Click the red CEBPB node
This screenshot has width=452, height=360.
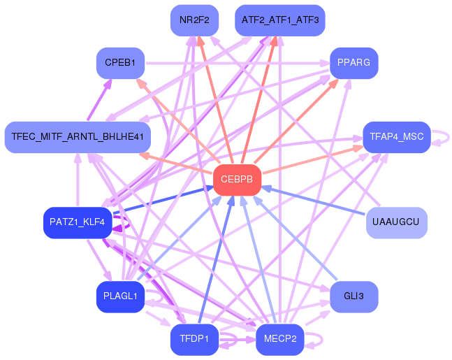click(237, 180)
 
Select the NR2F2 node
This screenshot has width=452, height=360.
click(194, 20)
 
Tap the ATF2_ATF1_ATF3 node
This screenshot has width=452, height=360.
click(280, 20)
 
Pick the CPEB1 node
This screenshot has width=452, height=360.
click(120, 64)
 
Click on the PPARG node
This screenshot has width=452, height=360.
click(353, 64)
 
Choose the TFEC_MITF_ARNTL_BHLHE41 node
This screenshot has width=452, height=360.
click(77, 136)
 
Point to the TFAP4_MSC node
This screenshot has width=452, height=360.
click(396, 136)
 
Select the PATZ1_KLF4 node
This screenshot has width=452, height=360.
click(77, 222)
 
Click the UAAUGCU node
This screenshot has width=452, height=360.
click(396, 222)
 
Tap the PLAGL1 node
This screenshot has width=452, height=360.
click(120, 296)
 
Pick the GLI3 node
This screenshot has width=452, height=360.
click(353, 296)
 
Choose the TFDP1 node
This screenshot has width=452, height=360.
click(194, 340)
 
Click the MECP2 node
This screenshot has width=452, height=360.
click(280, 340)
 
